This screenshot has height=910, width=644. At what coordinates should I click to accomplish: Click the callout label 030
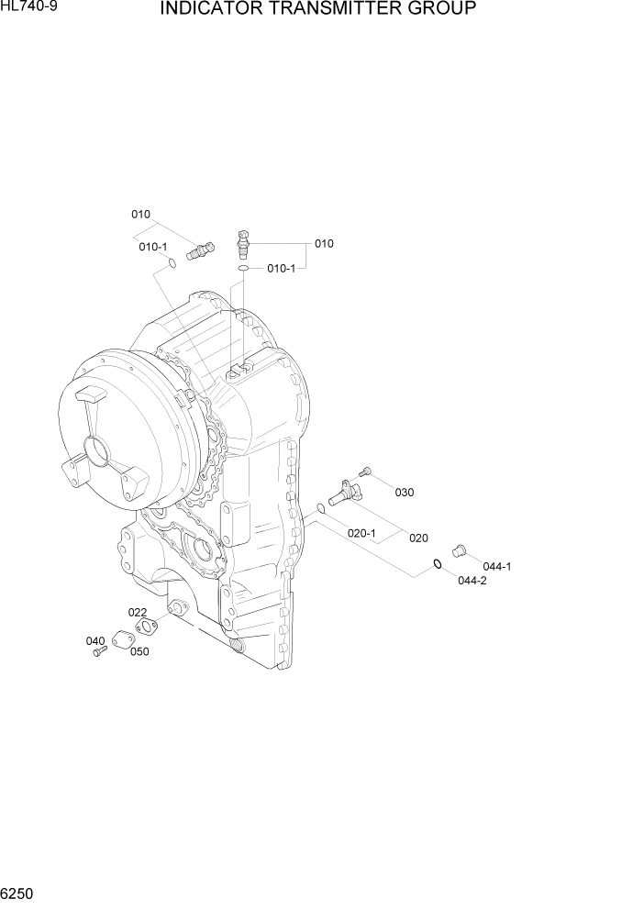404,493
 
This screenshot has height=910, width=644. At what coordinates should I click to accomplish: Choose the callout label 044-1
496,566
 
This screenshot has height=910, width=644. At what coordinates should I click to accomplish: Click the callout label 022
137,612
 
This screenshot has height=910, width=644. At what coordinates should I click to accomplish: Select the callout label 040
95,641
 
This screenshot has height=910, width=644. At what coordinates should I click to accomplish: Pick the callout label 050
139,651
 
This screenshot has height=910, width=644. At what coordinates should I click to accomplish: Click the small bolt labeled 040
101,650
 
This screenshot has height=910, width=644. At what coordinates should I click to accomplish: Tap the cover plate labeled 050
124,640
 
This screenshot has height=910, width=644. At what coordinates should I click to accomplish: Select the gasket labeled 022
146,627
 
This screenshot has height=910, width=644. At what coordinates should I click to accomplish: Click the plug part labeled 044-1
460,549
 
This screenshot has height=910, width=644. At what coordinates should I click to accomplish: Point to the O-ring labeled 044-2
439,564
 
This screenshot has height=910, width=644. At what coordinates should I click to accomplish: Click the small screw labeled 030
364,472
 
